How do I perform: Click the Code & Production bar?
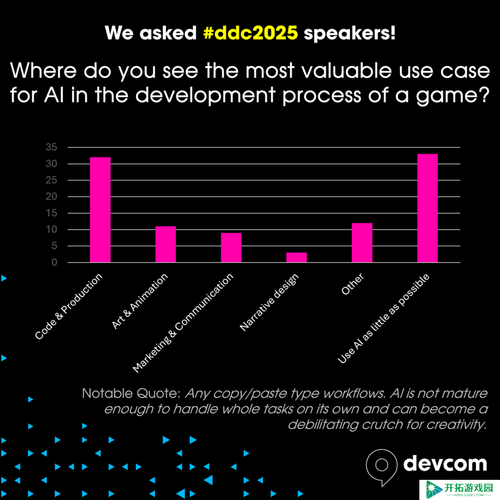pos(100,210)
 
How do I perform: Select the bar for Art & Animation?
pos(166,244)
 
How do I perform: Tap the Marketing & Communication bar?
pos(231,248)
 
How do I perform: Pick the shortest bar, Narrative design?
pos(297,257)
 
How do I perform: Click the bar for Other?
pos(362,243)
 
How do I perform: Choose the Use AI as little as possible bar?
pos(427,208)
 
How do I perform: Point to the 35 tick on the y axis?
pos(51,147)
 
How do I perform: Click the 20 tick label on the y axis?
pos(51,196)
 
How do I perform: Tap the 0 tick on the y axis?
pos(54,262)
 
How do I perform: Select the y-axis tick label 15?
pos(51,213)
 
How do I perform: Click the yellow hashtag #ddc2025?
pos(251,33)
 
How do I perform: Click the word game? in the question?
pos(452,96)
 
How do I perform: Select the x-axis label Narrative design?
pos(269,302)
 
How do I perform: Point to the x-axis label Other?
pos(352,284)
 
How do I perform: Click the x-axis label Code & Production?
pos(69,306)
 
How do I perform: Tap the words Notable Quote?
pos(131,394)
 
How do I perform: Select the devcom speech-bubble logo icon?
pos(381,467)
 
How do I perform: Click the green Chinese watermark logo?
pos(460,490)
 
